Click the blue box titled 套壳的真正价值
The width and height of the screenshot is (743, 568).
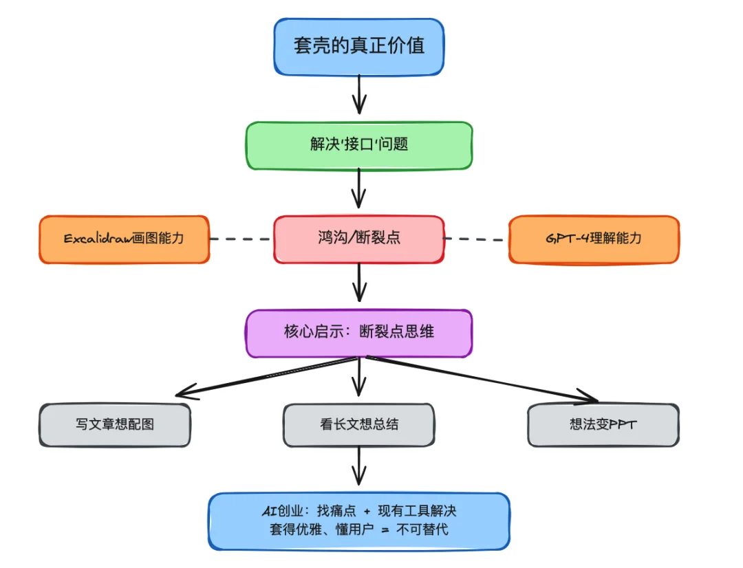(x=358, y=46)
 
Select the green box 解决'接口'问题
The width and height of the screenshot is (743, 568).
(x=358, y=145)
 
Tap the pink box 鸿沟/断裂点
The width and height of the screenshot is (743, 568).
(x=358, y=239)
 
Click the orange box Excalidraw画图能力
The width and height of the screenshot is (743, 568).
(x=124, y=239)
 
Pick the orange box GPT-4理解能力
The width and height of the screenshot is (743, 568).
(x=594, y=239)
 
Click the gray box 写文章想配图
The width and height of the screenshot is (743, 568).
(x=115, y=424)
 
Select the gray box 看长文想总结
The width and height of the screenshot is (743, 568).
(x=358, y=424)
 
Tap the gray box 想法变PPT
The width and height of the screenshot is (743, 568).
(x=603, y=424)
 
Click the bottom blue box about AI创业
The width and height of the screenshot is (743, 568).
(x=358, y=521)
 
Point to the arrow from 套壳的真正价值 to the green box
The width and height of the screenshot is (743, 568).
(x=358, y=94)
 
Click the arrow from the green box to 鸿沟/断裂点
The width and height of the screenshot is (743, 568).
(x=358, y=188)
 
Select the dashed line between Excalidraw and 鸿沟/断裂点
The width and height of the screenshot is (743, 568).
(x=241, y=239)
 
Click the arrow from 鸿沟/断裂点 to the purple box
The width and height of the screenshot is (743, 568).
(x=358, y=282)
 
